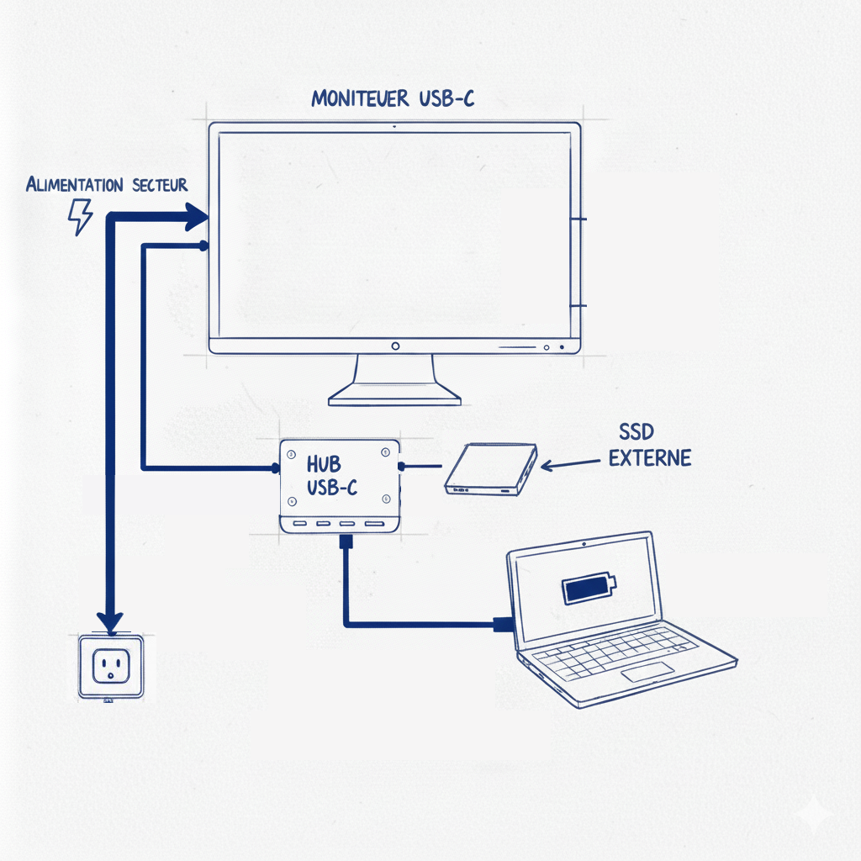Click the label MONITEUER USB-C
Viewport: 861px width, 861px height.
coord(393,98)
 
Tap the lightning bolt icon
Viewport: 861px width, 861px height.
coord(80,216)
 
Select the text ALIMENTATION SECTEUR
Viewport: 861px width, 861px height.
coord(107,184)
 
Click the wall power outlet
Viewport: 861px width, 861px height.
coord(110,667)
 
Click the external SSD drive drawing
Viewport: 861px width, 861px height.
coord(490,469)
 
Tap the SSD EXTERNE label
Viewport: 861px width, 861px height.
coord(649,446)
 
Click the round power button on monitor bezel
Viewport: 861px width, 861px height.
coord(394,346)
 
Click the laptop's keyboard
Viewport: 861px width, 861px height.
coord(617,652)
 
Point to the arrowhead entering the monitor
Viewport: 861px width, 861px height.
coord(198,218)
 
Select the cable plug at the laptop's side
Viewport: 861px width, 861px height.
coord(503,624)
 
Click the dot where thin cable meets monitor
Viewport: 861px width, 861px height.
coord(203,245)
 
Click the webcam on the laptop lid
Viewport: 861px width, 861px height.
coord(584,543)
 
